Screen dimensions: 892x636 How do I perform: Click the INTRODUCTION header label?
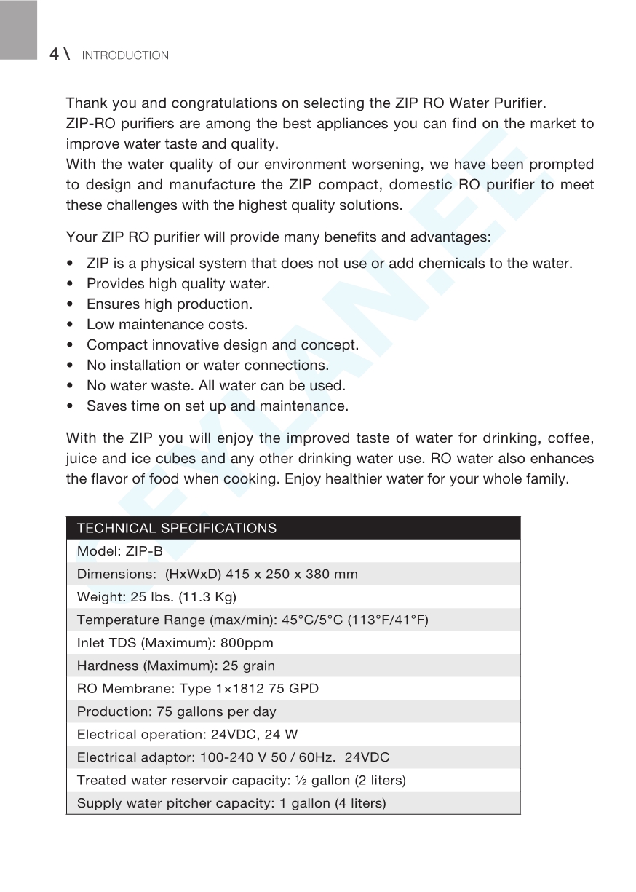tap(125, 55)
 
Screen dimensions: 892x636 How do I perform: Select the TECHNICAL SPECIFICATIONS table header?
tap(177, 528)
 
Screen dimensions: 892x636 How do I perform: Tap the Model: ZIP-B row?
tap(119, 551)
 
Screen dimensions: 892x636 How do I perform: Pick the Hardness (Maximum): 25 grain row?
tap(176, 666)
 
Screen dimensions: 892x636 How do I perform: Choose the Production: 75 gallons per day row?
tap(177, 711)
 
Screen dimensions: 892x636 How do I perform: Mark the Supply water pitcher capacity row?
tap(231, 803)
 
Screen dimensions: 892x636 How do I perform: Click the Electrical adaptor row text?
tap(233, 757)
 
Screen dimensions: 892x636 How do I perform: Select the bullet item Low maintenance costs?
tap(167, 324)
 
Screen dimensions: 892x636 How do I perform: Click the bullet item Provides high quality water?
tap(178, 283)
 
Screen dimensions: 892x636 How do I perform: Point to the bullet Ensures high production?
tap(170, 304)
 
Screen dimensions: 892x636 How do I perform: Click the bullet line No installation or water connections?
tap(207, 365)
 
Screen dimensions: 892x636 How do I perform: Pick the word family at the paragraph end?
tap(549, 480)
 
